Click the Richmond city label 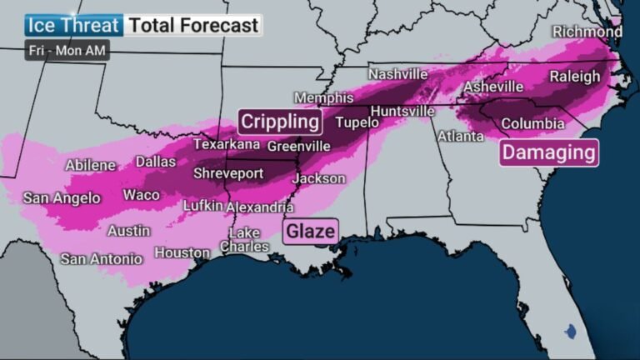point(587,32)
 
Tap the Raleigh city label point(574,77)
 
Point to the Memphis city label point(324,97)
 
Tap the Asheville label point(493,87)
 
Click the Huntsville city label point(402,111)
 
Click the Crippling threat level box point(280,122)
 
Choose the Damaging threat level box point(549,152)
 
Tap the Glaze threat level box point(310,231)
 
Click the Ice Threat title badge point(74,24)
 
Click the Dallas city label point(156,161)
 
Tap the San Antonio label point(102,258)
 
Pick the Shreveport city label point(228,173)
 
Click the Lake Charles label point(245,239)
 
